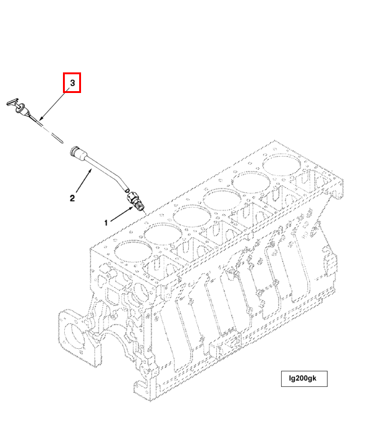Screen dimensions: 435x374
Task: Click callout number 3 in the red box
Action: [x=72, y=82]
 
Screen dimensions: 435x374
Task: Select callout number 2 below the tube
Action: [x=73, y=198]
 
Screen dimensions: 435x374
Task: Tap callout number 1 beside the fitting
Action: [x=107, y=222]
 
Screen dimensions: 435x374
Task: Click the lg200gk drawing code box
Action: [x=304, y=379]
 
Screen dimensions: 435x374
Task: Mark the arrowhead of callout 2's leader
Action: [x=91, y=169]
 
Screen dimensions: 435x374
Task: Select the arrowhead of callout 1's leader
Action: [x=130, y=209]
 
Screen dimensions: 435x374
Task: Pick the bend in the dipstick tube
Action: [x=118, y=180]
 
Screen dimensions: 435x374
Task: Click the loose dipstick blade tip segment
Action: [x=56, y=137]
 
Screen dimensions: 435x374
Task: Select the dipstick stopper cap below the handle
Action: [x=22, y=112]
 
